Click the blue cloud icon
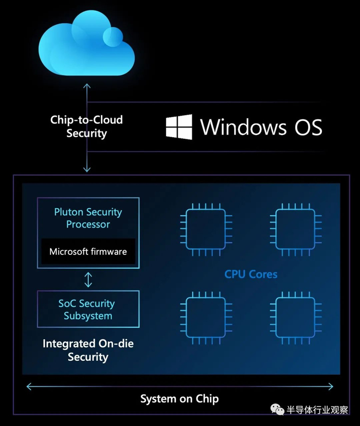86,43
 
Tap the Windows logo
179,127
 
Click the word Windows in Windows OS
243,127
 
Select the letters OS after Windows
309,127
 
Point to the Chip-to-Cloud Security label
86,126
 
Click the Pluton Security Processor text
88,218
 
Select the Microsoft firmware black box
88,251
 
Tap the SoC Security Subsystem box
88,309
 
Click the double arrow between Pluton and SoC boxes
88,280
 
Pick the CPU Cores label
250,274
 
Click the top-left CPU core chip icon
206,229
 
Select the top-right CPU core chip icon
296,229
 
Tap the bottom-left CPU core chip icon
206,318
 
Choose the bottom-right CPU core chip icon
296,318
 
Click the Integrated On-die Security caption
88,350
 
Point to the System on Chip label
179,399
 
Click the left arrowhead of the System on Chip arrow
29,386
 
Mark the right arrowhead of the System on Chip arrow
331,386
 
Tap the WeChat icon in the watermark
277,409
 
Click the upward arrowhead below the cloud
87,86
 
